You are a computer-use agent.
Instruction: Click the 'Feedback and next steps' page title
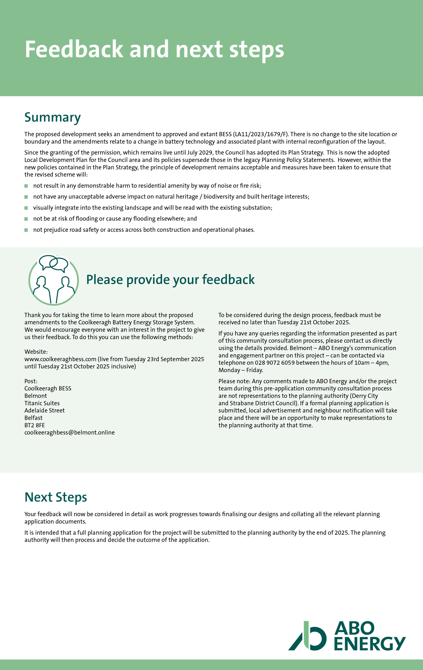click(x=154, y=49)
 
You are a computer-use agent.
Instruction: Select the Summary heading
click(x=52, y=117)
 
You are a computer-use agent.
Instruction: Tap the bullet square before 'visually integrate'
click(x=26, y=208)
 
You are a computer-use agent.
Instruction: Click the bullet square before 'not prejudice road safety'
click(x=26, y=230)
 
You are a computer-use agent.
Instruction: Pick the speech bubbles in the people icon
click(x=54, y=263)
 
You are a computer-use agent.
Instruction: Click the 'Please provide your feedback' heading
click(x=170, y=280)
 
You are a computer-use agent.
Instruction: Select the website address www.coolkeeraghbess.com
click(x=60, y=359)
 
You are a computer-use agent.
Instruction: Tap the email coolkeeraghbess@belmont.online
click(x=69, y=432)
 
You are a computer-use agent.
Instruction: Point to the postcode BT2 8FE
click(x=34, y=425)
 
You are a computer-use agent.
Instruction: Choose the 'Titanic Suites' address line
click(x=42, y=403)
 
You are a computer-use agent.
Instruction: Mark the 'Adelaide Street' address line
click(x=45, y=410)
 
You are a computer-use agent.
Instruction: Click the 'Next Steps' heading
click(x=56, y=497)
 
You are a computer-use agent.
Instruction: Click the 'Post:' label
click(x=31, y=381)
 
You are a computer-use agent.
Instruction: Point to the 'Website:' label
click(x=36, y=352)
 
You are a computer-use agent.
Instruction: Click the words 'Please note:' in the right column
click(x=234, y=381)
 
